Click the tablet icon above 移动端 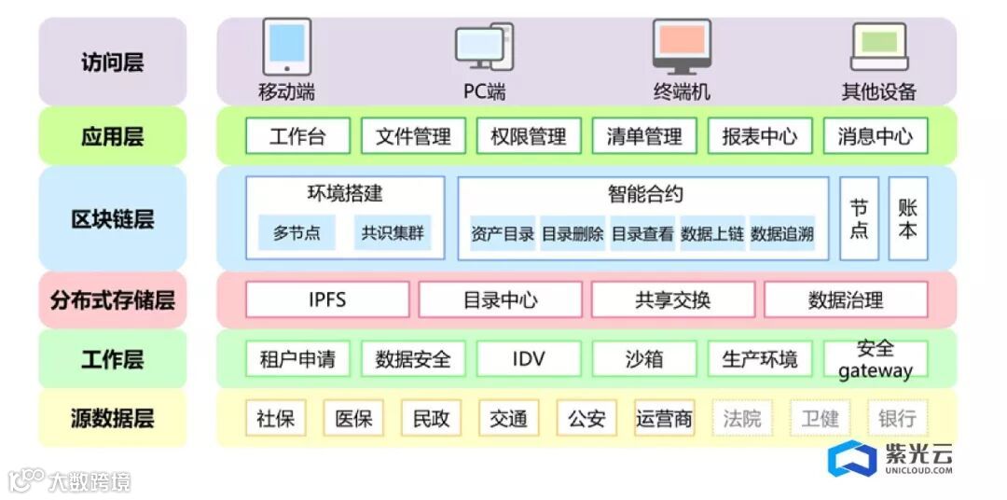[x=286, y=47]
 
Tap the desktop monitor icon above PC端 [x=483, y=47]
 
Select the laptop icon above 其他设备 [x=879, y=47]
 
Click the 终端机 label [x=682, y=91]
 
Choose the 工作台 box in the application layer [x=297, y=136]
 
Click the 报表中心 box [x=760, y=136]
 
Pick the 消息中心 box [x=876, y=136]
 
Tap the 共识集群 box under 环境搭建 [x=393, y=232]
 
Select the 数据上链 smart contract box [x=712, y=234]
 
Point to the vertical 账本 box [x=907, y=218]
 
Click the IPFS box [x=327, y=300]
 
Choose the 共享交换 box [x=673, y=300]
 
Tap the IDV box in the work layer [x=529, y=359]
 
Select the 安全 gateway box [x=876, y=359]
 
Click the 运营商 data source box [x=665, y=418]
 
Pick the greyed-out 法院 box [x=742, y=418]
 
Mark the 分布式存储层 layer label [x=112, y=300]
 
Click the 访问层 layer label [x=112, y=62]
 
